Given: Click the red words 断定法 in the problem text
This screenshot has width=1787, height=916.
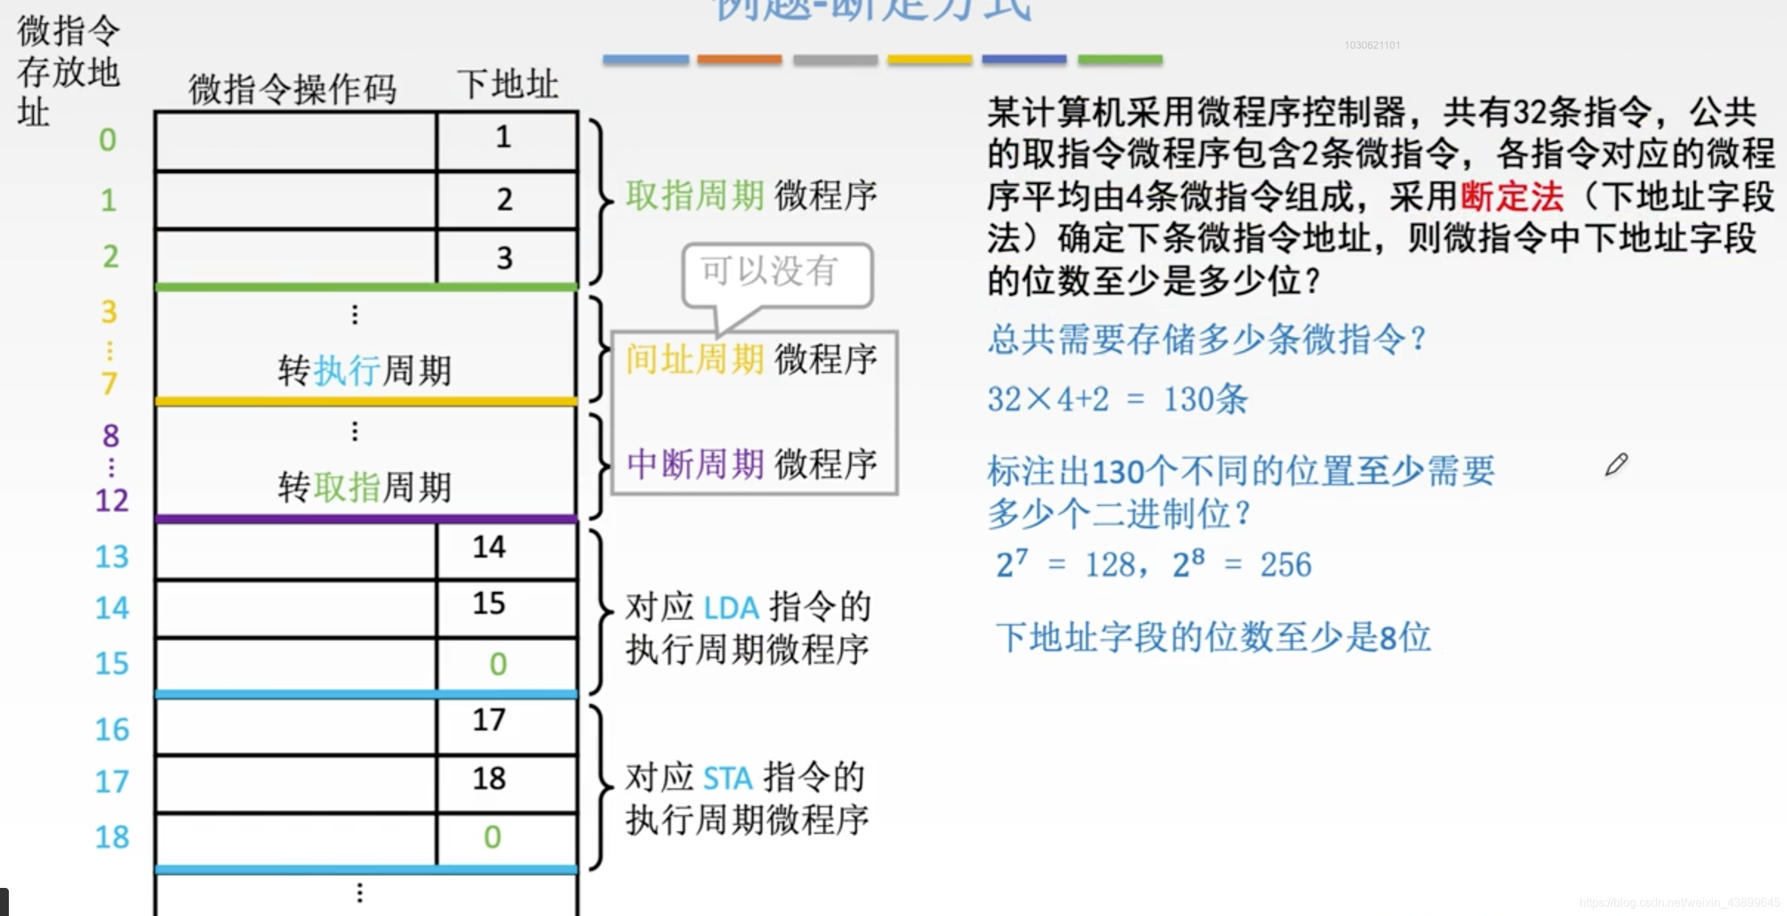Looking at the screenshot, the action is tap(1511, 196).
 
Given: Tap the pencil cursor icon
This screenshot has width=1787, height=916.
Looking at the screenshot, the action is tap(1616, 465).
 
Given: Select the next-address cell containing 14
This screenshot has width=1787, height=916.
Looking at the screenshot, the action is tap(489, 547).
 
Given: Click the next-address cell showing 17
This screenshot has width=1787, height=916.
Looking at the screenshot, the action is tap(489, 720).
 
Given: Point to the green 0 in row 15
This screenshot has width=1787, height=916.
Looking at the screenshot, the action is tap(499, 664).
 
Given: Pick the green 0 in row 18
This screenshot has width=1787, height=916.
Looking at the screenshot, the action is tap(493, 837).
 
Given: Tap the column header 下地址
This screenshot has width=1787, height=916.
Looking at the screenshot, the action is tap(508, 85).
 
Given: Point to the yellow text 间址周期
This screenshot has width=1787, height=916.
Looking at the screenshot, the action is tap(694, 360).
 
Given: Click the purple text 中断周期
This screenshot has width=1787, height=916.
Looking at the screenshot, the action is tap(694, 465).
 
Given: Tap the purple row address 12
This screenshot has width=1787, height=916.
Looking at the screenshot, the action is tap(112, 501).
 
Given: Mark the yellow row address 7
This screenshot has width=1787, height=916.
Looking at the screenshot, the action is tap(109, 383).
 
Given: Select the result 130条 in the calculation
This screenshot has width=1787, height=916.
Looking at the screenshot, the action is tap(1206, 400).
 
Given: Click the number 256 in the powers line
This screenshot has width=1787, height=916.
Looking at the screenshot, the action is tap(1285, 565).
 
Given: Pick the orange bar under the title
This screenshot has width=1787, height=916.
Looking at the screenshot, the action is tap(739, 59).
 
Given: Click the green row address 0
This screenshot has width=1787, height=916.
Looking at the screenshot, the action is tap(108, 140).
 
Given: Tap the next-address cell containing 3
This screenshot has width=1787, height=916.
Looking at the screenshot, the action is tap(505, 258).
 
